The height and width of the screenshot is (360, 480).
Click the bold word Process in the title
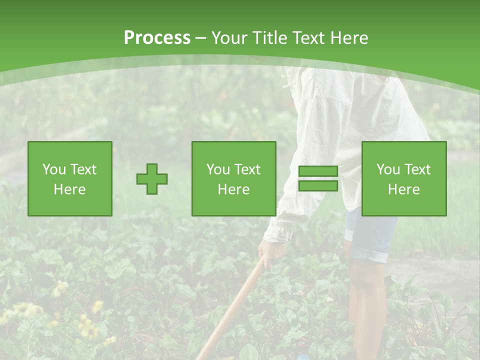(157, 37)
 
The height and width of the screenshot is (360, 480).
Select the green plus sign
(152, 179)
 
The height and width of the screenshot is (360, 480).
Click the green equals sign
(318, 179)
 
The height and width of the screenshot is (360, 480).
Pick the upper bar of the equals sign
(318, 171)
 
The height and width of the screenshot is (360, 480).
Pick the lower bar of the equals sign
(318, 186)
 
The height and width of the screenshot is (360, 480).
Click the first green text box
(70, 179)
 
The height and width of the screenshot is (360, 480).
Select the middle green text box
(234, 179)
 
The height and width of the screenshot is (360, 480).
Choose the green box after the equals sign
(404, 179)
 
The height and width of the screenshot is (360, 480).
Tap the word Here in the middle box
(234, 189)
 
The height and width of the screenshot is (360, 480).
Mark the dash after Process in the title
(201, 38)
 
